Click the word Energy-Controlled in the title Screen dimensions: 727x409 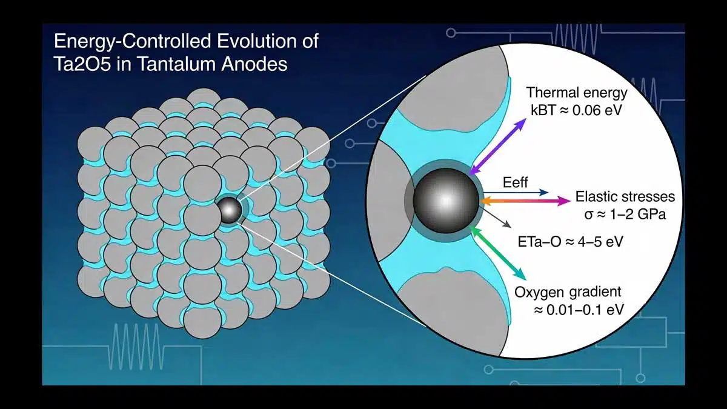[x=133, y=42]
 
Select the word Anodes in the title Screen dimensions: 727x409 [x=254, y=64]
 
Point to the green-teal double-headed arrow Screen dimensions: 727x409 [x=498, y=253]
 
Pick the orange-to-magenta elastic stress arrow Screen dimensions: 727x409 [x=525, y=201]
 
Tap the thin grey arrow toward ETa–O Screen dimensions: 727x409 [x=496, y=217]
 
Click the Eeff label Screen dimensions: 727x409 [x=516, y=182]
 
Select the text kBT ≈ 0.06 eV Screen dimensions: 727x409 [x=576, y=110]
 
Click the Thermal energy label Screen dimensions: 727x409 [x=577, y=93]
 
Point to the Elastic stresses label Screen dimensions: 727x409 [x=625, y=197]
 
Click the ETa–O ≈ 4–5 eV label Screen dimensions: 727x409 [x=570, y=242]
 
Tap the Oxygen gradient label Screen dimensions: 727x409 [x=568, y=292]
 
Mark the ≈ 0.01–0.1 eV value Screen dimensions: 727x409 [x=579, y=310]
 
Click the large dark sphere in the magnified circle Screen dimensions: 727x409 [x=446, y=201]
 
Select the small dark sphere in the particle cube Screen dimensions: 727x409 [x=229, y=211]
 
